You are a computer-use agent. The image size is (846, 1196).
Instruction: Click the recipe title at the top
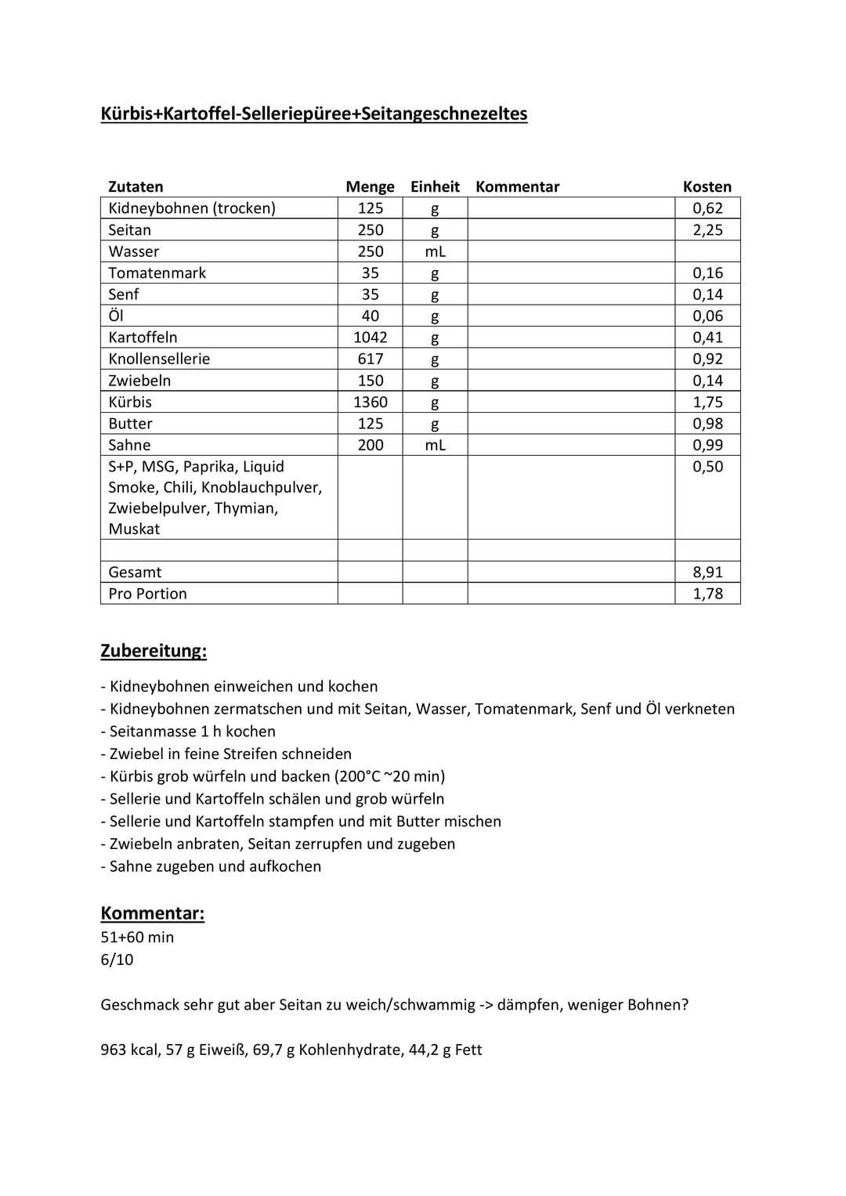[x=313, y=114]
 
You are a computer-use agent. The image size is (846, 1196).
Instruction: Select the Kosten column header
[x=707, y=186]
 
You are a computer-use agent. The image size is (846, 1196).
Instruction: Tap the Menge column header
[x=370, y=186]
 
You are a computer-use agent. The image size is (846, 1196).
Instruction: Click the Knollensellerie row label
[x=159, y=359]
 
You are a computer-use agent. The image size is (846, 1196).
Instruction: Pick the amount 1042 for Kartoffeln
[x=371, y=338]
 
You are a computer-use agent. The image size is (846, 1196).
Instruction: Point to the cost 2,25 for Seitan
[x=707, y=230]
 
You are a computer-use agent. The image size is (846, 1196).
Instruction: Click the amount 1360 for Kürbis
[x=371, y=402]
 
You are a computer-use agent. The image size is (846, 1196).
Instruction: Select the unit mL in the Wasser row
[x=435, y=251]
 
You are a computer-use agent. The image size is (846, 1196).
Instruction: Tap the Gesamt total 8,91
[x=707, y=573]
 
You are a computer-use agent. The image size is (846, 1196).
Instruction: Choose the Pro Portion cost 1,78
[x=707, y=594]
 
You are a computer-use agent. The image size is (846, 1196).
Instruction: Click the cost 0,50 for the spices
[x=707, y=467]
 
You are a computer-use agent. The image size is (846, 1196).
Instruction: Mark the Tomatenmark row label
[x=157, y=273]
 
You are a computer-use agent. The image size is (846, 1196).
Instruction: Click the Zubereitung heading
[x=154, y=651]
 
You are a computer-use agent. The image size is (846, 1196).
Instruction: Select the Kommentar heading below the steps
[x=152, y=913]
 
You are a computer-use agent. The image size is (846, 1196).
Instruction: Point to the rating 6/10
[x=117, y=959]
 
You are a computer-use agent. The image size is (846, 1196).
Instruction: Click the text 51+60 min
[x=137, y=938]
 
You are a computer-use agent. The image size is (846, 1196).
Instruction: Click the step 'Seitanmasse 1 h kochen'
[x=192, y=732]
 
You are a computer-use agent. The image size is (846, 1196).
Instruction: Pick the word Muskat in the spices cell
[x=134, y=529]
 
